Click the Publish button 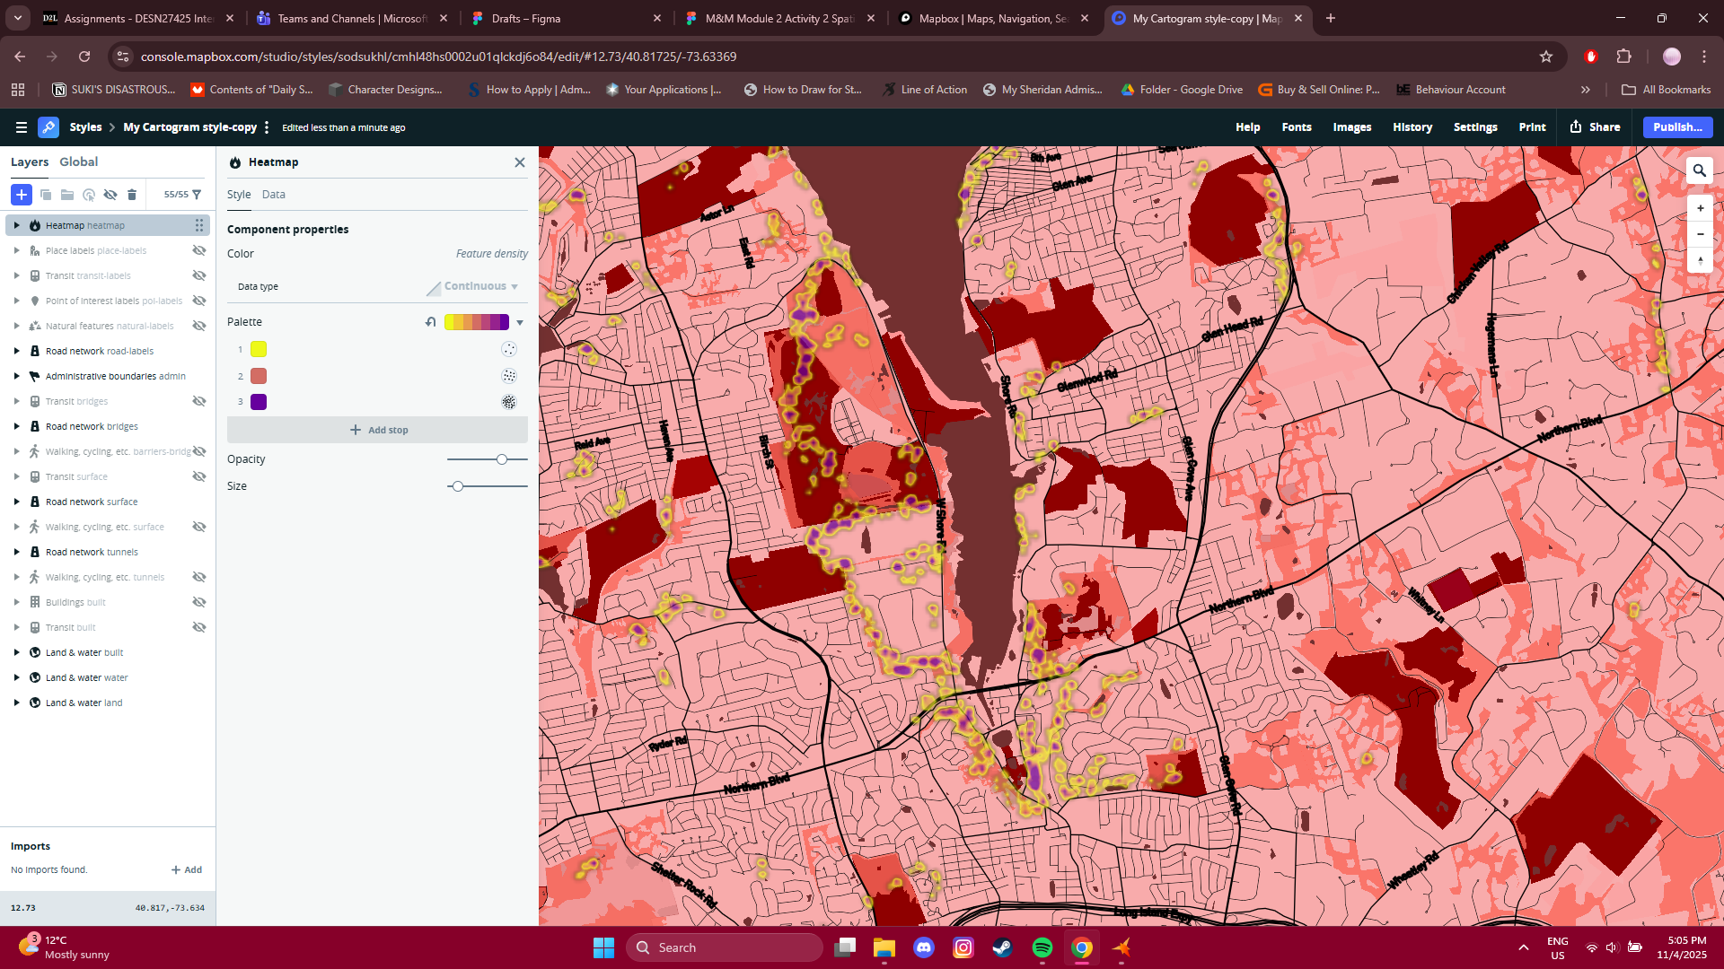pyautogui.click(x=1676, y=127)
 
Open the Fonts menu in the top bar pyautogui.click(x=1296, y=127)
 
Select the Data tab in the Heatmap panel pyautogui.click(x=273, y=195)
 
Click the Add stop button pyautogui.click(x=378, y=430)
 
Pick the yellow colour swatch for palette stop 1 pyautogui.click(x=259, y=349)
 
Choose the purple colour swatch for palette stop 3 pyautogui.click(x=259, y=402)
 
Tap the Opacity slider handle pyautogui.click(x=502, y=459)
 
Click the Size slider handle pyautogui.click(x=458, y=486)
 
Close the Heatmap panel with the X pyautogui.click(x=519, y=162)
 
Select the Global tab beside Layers pyautogui.click(x=78, y=162)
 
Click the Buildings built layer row pyautogui.click(x=75, y=602)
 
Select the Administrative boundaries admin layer pyautogui.click(x=115, y=376)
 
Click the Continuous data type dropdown pyautogui.click(x=480, y=286)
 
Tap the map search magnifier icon pyautogui.click(x=1699, y=170)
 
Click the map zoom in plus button pyautogui.click(x=1700, y=208)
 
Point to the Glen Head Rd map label pyautogui.click(x=1232, y=329)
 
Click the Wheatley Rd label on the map pyautogui.click(x=1412, y=869)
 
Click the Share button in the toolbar pyautogui.click(x=1595, y=127)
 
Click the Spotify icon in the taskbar pyautogui.click(x=1042, y=947)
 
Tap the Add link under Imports pyautogui.click(x=187, y=869)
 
